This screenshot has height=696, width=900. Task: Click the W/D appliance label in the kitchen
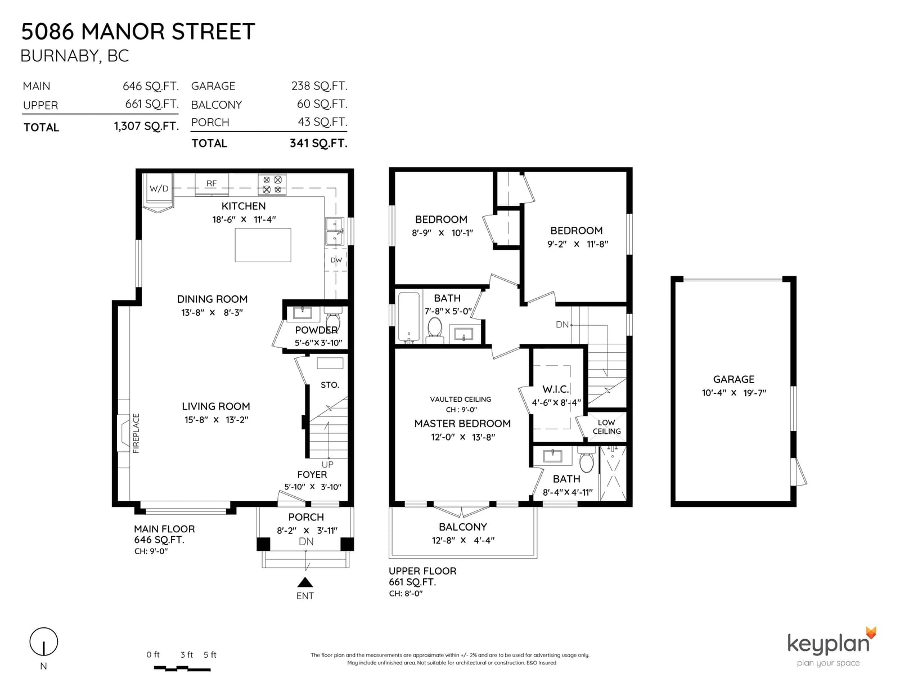159,188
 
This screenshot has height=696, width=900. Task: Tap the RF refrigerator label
211,183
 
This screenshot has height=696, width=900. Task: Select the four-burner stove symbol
272,185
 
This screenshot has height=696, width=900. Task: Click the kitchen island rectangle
263,245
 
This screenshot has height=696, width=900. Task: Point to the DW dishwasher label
336,260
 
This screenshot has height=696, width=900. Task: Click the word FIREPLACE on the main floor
136,433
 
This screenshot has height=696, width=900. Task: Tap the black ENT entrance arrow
305,582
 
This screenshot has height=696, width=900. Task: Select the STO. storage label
330,385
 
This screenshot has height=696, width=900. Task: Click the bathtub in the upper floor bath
409,317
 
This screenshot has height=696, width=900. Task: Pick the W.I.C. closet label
555,389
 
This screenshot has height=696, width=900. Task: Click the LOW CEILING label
606,426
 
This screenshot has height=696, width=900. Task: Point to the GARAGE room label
733,379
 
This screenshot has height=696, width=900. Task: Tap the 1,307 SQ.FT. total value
147,126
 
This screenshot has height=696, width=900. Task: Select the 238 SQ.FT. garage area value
319,86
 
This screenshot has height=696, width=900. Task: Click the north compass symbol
43,642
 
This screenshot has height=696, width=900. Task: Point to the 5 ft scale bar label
210,654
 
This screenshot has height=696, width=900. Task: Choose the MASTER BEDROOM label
462,424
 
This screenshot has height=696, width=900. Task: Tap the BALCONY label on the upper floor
462,527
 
